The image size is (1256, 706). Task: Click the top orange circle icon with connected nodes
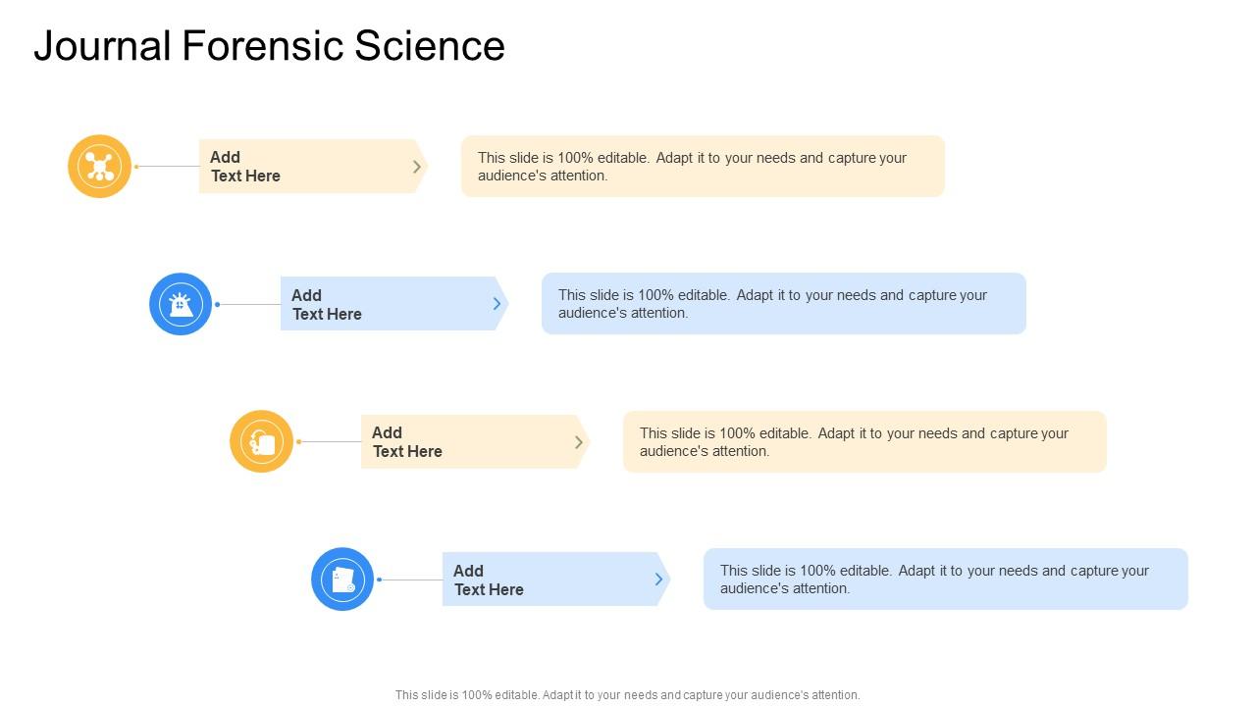(99, 166)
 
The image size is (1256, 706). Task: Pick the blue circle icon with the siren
(181, 304)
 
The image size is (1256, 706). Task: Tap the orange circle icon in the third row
(261, 441)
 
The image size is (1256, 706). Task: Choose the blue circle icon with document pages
(342, 579)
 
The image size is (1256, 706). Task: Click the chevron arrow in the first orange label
(417, 167)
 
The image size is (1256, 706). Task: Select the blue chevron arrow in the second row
(497, 304)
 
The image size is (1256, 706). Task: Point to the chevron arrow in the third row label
(579, 442)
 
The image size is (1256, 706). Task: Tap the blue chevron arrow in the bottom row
(659, 580)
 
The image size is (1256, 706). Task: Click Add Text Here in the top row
(245, 167)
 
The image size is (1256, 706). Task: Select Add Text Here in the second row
(327, 304)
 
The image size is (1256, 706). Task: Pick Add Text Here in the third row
(407, 442)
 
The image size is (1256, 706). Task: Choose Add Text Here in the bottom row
(489, 580)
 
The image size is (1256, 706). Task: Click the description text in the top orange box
(692, 167)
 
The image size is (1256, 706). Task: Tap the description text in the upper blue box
(772, 304)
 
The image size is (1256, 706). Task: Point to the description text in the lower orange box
(854, 442)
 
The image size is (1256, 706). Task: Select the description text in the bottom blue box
(934, 580)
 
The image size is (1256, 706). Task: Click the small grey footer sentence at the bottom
(627, 694)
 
